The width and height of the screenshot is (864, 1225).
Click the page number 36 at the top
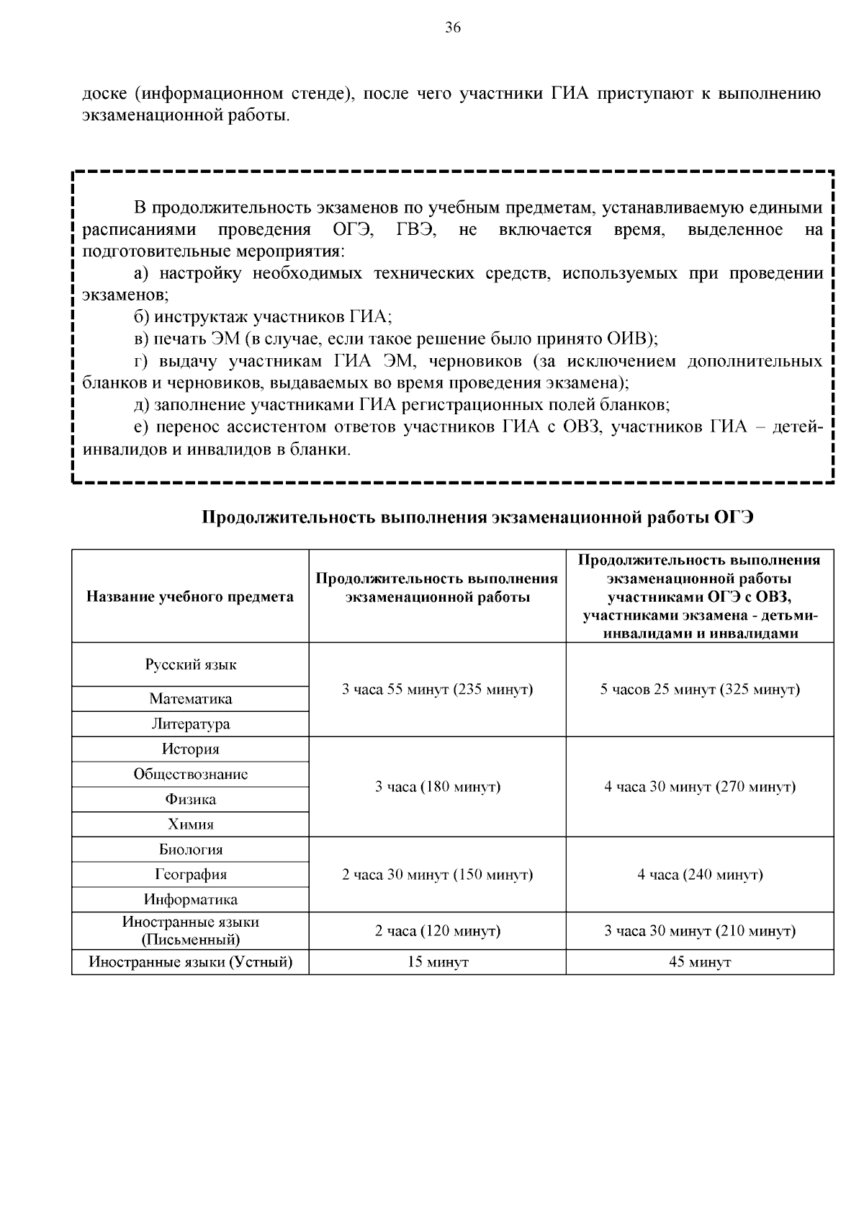click(453, 28)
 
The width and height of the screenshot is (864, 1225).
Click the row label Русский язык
click(191, 664)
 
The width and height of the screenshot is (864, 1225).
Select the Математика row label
click(191, 699)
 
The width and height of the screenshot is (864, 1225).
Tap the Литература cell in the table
click(191, 723)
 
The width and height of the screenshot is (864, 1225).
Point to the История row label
click(191, 749)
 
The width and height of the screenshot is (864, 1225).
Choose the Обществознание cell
click(191, 774)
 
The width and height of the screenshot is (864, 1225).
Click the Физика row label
click(191, 799)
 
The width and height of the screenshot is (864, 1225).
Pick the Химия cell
click(191, 824)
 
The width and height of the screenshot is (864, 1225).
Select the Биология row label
click(191, 850)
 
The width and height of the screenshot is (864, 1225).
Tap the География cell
click(191, 874)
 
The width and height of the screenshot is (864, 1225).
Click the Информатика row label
click(191, 899)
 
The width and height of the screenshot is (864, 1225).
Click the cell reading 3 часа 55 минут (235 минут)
click(437, 690)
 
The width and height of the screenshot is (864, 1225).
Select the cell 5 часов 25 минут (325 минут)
click(700, 690)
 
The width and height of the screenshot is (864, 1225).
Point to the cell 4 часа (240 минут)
click(700, 875)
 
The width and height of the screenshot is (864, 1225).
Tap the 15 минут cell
click(437, 962)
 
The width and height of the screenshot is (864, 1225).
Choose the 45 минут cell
click(700, 962)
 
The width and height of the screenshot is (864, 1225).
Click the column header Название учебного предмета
click(190, 597)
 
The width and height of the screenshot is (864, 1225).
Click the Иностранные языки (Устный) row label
click(191, 962)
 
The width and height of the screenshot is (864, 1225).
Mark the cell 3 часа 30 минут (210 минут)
click(700, 931)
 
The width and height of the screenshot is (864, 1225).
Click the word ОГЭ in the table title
click(734, 517)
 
